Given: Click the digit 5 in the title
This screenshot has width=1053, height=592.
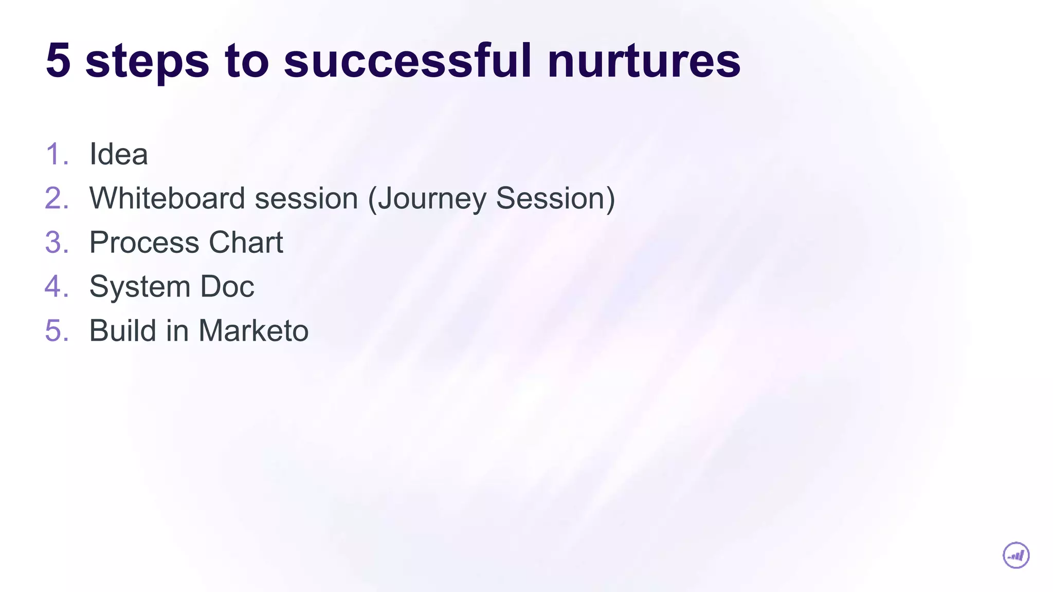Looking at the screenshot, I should (58, 61).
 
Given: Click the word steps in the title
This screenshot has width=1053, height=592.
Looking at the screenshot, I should (147, 62).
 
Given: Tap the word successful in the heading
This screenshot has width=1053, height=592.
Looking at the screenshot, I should (407, 61).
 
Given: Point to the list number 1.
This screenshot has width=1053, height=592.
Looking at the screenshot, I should (56, 154).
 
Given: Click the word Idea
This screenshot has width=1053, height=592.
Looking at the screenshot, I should (118, 154).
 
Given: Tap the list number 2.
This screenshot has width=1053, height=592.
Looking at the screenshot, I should (56, 198).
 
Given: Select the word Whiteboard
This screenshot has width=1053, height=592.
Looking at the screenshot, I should (172, 198).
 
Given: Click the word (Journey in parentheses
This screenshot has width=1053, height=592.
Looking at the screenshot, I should (426, 199).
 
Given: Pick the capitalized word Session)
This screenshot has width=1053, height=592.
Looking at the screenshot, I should (555, 198).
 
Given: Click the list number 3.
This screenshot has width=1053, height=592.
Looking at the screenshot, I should (56, 242).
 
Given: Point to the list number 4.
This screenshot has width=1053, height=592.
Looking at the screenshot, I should (56, 286).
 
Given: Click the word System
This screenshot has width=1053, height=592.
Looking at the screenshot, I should (139, 287).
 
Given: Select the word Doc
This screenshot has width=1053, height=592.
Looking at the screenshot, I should (227, 286).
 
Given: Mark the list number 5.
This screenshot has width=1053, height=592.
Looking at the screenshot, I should (56, 330).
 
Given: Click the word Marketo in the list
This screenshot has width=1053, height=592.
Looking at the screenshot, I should (253, 330).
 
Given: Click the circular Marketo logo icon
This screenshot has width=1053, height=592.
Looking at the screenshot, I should (1016, 556).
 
